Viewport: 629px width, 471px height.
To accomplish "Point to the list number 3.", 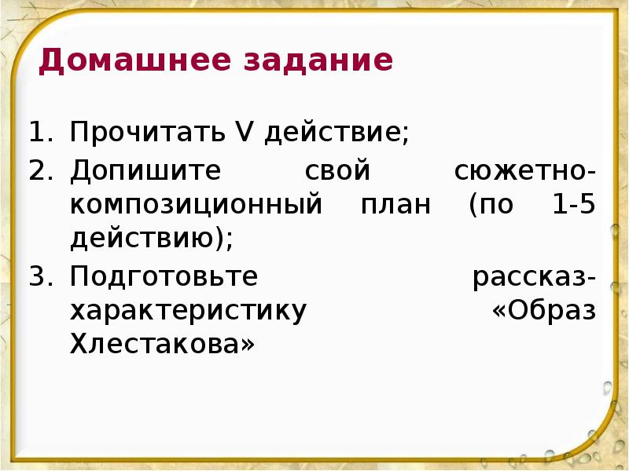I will tap(39, 276).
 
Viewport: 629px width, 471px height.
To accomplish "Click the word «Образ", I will tap(543, 311).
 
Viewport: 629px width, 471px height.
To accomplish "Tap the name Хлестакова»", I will tap(163, 345).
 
